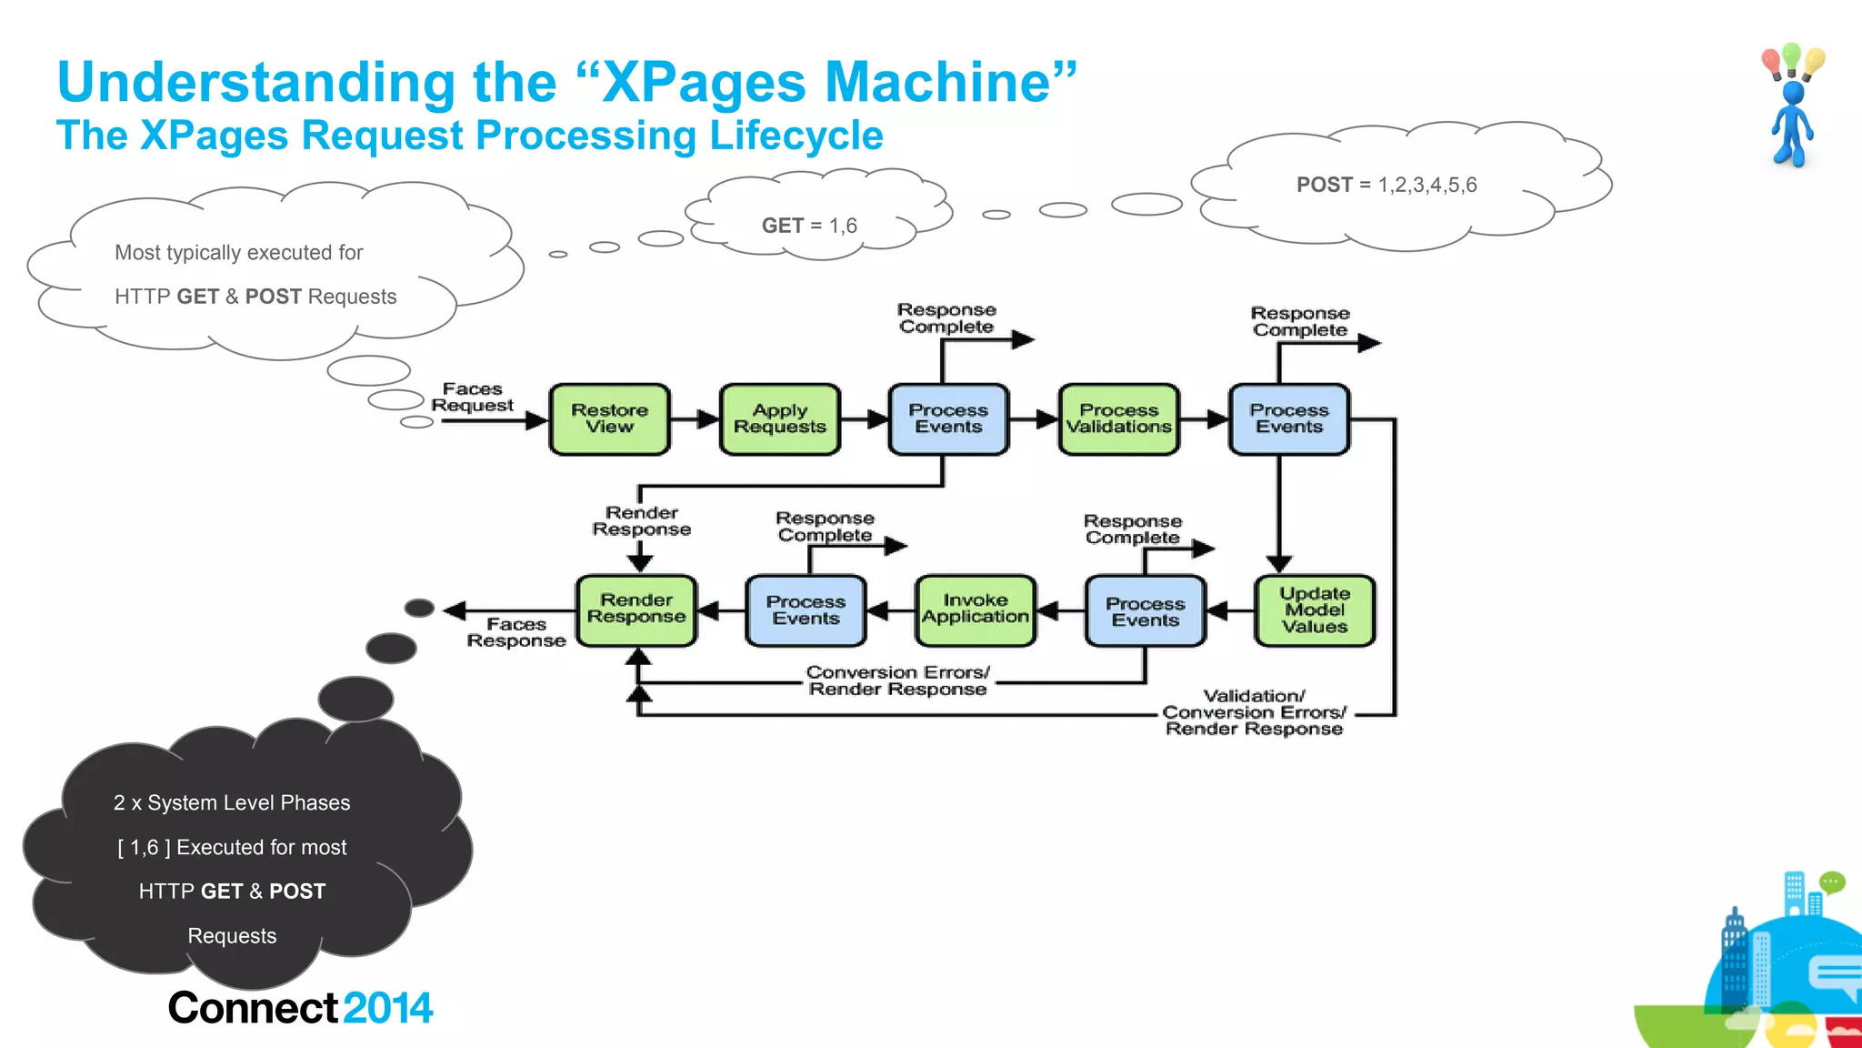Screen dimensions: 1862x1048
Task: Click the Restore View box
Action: pyautogui.click(x=609, y=419)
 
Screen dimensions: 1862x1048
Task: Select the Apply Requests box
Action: pyautogui.click(x=779, y=419)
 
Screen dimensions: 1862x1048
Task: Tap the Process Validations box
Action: pyautogui.click(x=1118, y=419)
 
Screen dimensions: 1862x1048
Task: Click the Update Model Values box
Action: pyautogui.click(x=1314, y=610)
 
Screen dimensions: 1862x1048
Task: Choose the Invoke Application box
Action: pyautogui.click(x=975, y=610)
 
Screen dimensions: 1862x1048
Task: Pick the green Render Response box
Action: pyautogui.click(x=636, y=610)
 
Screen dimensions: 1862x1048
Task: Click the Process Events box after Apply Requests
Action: pyautogui.click(x=948, y=419)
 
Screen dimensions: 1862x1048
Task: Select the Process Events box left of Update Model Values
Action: pyautogui.click(x=1145, y=611)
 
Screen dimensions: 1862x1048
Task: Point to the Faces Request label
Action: pyautogui.click(x=472, y=398)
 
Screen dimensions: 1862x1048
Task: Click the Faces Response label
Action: pyautogui.click(x=516, y=632)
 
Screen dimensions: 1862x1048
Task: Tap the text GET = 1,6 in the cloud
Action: pyautogui.click(x=809, y=226)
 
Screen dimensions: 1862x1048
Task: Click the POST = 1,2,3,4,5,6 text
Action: pyautogui.click(x=1386, y=185)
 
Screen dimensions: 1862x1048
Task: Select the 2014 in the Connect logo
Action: pyautogui.click(x=388, y=1008)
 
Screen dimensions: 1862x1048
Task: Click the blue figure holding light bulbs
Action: pyautogui.click(x=1791, y=123)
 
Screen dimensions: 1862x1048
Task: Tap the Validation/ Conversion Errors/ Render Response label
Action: pyautogui.click(x=1254, y=712)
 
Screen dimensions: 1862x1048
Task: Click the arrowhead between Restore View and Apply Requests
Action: pyautogui.click(x=708, y=419)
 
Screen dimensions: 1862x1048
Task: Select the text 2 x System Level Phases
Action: pyautogui.click(x=232, y=802)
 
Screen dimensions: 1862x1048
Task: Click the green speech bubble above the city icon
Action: pyautogui.click(x=1831, y=882)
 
